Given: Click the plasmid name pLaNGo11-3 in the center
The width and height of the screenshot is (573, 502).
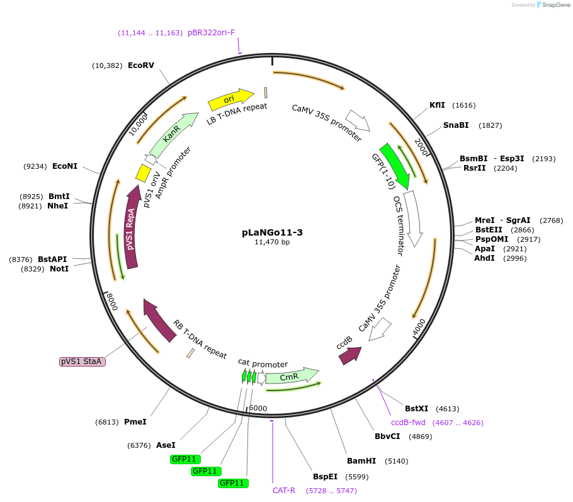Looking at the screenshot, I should pyautogui.click(x=272, y=232).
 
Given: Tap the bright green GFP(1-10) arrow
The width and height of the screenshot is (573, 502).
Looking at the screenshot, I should pyautogui.click(x=394, y=165).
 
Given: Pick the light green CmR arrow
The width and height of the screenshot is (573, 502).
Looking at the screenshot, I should pyautogui.click(x=292, y=376).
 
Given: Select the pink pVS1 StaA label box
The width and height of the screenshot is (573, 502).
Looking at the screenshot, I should pyautogui.click(x=82, y=362).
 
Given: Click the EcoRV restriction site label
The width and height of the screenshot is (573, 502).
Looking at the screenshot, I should pyautogui.click(x=140, y=66).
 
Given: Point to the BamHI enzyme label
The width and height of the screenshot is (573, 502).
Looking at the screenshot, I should pyautogui.click(x=361, y=460).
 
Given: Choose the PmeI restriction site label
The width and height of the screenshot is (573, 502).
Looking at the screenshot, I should pyautogui.click(x=135, y=421).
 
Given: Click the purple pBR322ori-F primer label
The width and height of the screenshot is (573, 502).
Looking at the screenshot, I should pyautogui.click(x=211, y=32).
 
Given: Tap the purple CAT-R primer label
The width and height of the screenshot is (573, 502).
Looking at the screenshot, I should pyautogui.click(x=284, y=490).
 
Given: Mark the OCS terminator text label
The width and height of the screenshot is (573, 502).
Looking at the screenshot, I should pyautogui.click(x=398, y=225).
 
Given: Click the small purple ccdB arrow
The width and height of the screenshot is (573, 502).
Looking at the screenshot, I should pyautogui.click(x=350, y=356).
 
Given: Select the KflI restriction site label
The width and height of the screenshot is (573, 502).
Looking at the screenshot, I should pyautogui.click(x=437, y=105).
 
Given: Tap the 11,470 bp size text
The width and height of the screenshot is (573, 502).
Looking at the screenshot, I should pyautogui.click(x=272, y=242).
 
